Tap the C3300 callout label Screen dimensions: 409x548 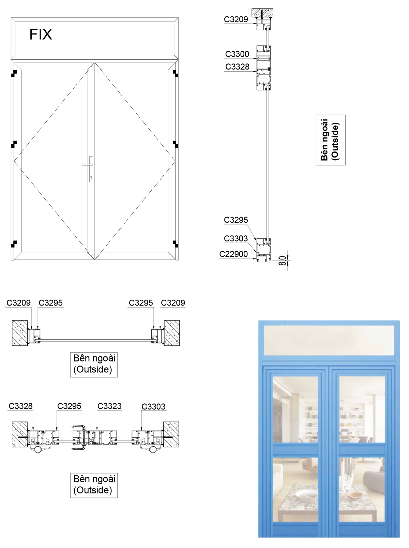237,54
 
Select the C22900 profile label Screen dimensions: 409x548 233,254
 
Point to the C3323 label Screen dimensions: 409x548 109,406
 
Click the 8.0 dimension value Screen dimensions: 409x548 282,261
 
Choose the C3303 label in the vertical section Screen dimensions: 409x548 236,239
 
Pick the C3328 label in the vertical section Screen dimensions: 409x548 237,66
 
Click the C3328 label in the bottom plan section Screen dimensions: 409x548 20,406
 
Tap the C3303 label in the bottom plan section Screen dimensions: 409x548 153,407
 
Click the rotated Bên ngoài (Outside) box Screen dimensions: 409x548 331,140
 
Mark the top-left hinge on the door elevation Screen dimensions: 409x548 14,73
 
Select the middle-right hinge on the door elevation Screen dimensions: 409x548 176,144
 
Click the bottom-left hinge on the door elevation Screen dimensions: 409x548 14,244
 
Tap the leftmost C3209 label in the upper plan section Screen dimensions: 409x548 18,303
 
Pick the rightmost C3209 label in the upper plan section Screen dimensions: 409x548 173,303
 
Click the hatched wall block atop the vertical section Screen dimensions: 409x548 262,13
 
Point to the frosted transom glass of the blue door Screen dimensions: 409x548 329,340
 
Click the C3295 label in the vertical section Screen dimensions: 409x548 236,220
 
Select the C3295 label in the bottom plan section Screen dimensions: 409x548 69,406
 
